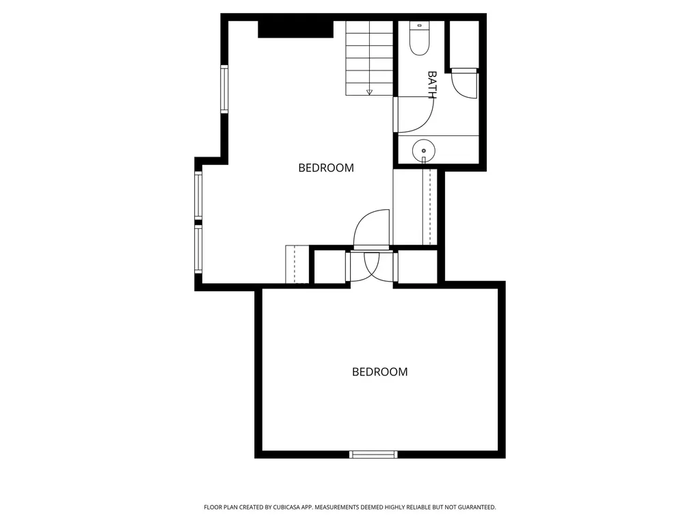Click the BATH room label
(432, 84)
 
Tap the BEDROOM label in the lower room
(380, 372)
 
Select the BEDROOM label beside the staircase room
(326, 168)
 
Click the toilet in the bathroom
(419, 38)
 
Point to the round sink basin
(423, 150)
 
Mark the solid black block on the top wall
(295, 29)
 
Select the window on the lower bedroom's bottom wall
(373, 455)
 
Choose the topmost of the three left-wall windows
(224, 89)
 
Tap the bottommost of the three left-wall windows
(198, 249)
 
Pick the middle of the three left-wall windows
(198, 196)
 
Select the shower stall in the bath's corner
(464, 44)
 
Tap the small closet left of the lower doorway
(330, 267)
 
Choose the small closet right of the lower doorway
(418, 267)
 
